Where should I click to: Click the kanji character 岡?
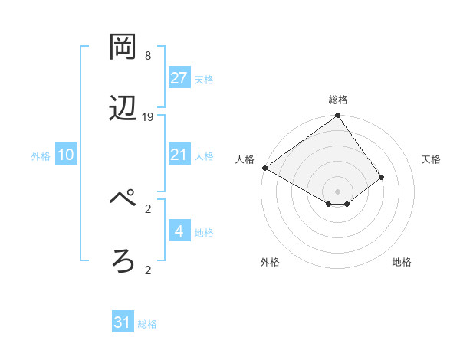[123, 47]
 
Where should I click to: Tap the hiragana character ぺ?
[123, 200]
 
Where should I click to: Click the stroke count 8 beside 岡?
[148, 56]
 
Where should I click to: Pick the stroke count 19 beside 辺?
[148, 117]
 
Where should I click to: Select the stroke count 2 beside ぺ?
[148, 208]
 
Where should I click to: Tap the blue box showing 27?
[179, 78]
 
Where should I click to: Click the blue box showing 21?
[179, 155]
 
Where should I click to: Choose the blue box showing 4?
[179, 231]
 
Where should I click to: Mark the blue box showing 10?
[66, 155]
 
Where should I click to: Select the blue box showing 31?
[123, 323]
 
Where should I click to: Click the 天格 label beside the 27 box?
[203, 80]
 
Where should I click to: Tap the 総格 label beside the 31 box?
[147, 325]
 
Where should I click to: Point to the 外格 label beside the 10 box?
[41, 156]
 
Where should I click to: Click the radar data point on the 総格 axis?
[337, 116]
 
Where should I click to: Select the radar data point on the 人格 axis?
[264, 168]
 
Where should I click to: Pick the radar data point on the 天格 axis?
[381, 177]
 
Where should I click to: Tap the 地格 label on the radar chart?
[402, 263]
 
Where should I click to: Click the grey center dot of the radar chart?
[337, 191]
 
